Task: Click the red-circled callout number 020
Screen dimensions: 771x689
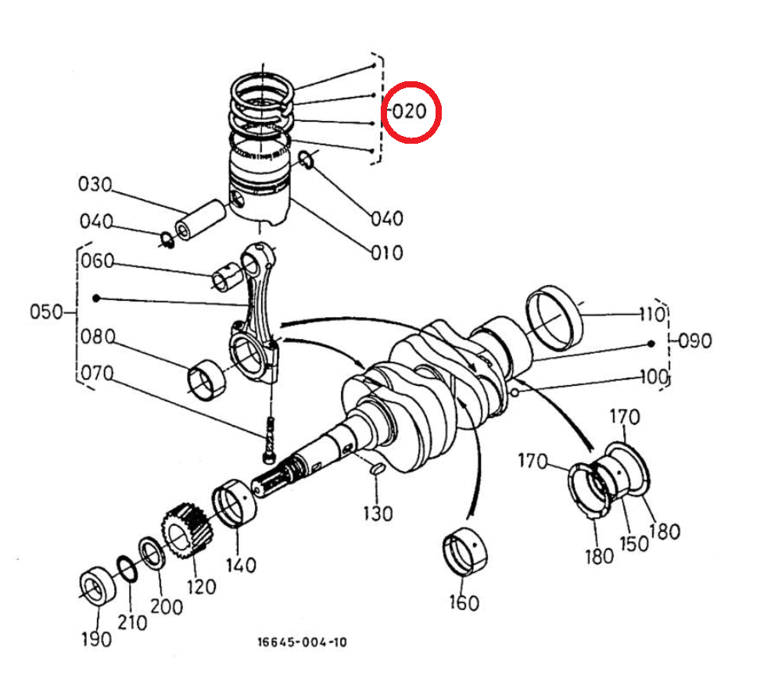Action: click(x=410, y=112)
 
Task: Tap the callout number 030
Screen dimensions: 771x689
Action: click(x=95, y=184)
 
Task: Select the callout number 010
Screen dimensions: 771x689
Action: click(x=387, y=253)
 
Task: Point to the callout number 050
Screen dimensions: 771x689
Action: click(x=46, y=312)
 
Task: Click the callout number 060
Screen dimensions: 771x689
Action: click(x=98, y=261)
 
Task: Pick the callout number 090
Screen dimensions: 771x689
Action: click(x=695, y=341)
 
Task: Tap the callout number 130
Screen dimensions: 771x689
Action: click(x=378, y=514)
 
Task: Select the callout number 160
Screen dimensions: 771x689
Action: click(x=464, y=602)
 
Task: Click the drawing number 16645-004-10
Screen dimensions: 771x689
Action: click(x=303, y=642)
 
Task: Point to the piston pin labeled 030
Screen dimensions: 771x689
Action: click(x=201, y=219)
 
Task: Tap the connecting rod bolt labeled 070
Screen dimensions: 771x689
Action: click(x=269, y=440)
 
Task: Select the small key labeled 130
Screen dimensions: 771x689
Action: click(x=376, y=469)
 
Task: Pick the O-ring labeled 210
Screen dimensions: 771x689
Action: click(x=127, y=569)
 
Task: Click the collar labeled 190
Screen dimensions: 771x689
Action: click(x=98, y=585)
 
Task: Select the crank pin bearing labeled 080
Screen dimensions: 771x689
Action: click(x=206, y=380)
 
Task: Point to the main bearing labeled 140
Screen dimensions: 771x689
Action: click(x=234, y=502)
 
